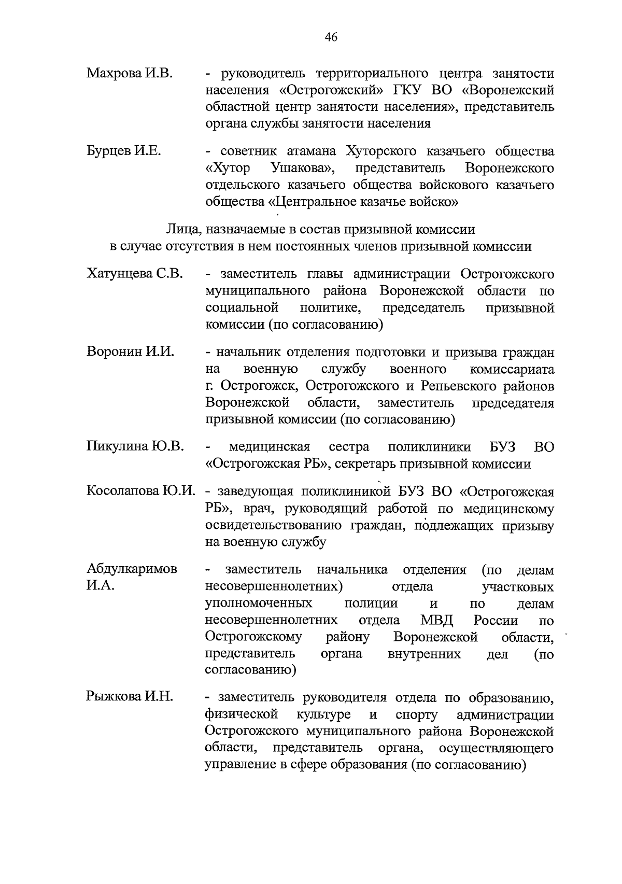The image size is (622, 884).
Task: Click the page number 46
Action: (x=331, y=37)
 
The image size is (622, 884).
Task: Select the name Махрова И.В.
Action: (x=130, y=73)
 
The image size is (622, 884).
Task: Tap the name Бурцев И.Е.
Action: (x=124, y=151)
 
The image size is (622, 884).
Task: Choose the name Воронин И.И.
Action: (x=130, y=353)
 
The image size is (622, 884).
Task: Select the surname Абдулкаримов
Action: (x=132, y=569)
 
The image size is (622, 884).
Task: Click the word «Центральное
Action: (x=320, y=202)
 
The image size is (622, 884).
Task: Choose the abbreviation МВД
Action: (x=436, y=621)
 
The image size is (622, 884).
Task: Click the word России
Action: (x=496, y=621)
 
